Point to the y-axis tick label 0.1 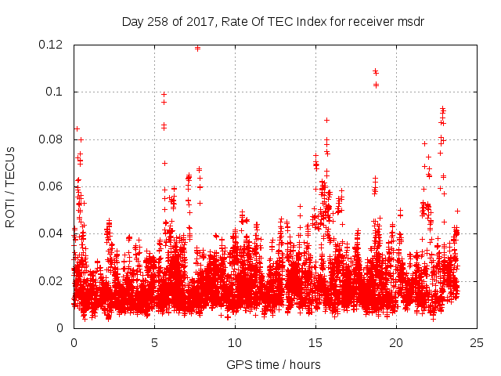pyautogui.click(x=56, y=92)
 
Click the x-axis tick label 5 pyautogui.click(x=154, y=342)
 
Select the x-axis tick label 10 pyautogui.click(x=235, y=342)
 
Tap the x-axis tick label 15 pyautogui.click(x=315, y=342)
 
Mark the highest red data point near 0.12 pyautogui.click(x=197, y=48)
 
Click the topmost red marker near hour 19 pyautogui.click(x=376, y=72)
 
